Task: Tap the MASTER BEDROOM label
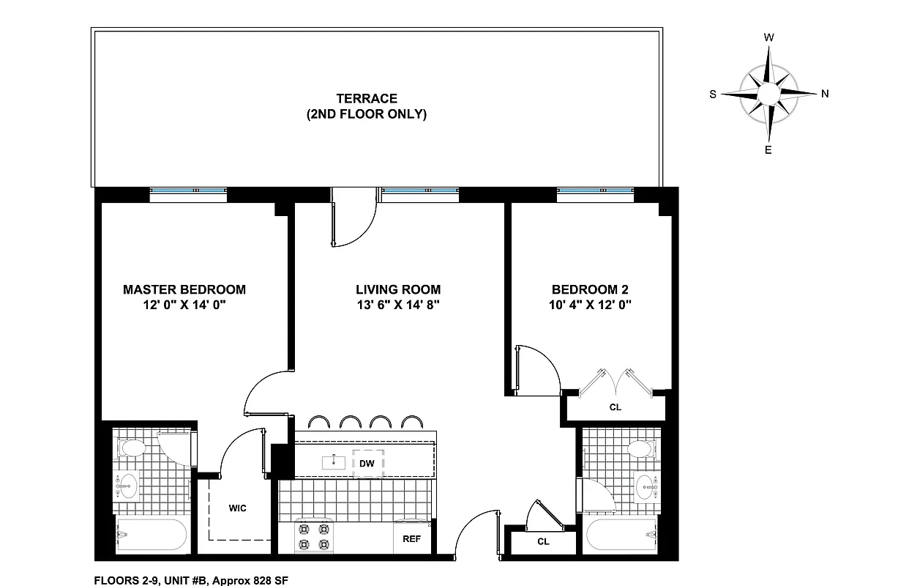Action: point(184,289)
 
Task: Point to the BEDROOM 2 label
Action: point(590,289)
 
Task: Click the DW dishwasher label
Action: point(366,464)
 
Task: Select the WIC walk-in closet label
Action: point(237,508)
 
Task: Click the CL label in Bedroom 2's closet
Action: point(615,407)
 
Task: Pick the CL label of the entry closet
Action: point(542,542)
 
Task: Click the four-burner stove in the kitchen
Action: point(313,536)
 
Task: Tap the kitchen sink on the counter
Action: point(334,462)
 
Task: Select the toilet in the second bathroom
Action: point(640,448)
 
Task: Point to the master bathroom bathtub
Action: point(152,536)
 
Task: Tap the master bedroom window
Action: point(187,193)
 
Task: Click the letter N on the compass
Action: point(825,93)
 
